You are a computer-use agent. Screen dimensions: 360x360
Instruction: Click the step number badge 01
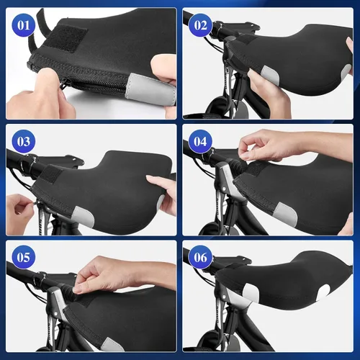click(24, 25)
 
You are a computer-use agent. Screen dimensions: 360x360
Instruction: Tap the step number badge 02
click(200, 25)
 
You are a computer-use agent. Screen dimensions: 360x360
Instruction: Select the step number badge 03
click(24, 141)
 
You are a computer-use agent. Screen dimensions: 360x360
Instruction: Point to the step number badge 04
click(200, 141)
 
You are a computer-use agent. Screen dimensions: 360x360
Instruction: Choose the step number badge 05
click(24, 257)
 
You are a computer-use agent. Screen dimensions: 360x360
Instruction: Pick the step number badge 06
click(200, 257)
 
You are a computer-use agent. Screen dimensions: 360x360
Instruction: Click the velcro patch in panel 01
click(68, 38)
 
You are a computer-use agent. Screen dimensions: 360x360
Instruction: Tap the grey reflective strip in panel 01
click(150, 89)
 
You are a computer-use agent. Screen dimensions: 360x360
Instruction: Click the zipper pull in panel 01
click(63, 84)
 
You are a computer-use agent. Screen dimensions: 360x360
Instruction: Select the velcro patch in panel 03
click(51, 175)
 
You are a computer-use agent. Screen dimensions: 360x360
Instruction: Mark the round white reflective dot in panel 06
click(325, 292)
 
